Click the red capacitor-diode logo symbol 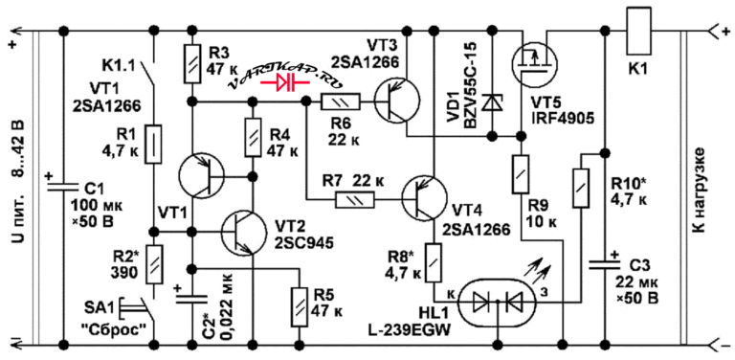[x=286, y=83]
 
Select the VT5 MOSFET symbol [x=533, y=62]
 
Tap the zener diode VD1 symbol [x=492, y=102]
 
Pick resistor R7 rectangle [x=355, y=201]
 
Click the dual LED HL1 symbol [x=498, y=304]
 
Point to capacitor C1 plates [x=63, y=187]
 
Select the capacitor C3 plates [x=604, y=265]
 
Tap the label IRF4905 [x=563, y=118]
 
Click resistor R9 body [x=521, y=174]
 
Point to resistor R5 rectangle [x=299, y=307]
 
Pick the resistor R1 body [x=153, y=145]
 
